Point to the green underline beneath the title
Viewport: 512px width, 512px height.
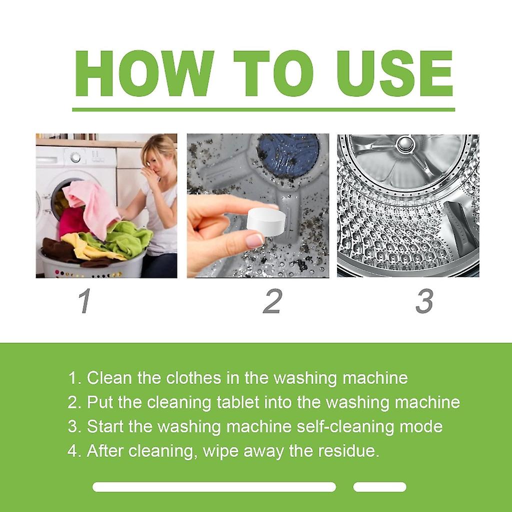[x=263, y=109]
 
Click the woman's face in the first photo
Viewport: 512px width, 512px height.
[x=157, y=160]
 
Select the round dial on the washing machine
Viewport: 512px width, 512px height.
[x=75, y=157]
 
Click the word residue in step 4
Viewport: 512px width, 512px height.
[x=349, y=450]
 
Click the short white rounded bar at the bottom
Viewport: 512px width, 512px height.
[x=379, y=486]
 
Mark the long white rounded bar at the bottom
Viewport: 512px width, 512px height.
[x=214, y=486]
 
